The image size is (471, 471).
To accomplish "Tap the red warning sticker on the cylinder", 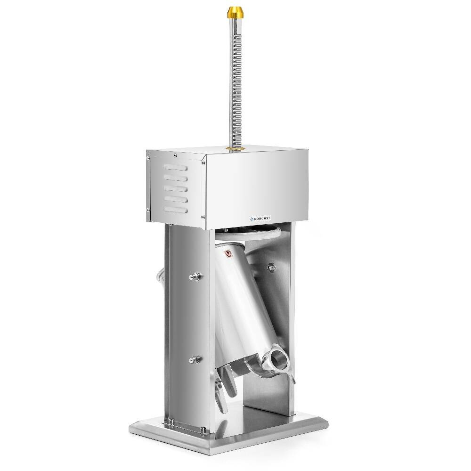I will pos(229,253).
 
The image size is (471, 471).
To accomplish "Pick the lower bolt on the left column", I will pos(193,361).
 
